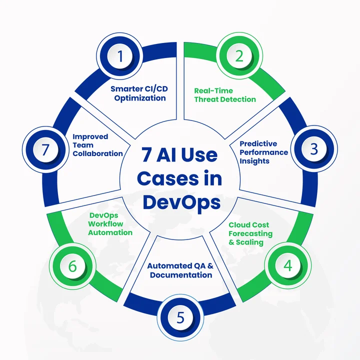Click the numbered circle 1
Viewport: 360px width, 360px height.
120,56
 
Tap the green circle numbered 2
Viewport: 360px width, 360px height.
239,56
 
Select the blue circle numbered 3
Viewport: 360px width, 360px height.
313,149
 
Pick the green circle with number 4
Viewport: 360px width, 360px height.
287,265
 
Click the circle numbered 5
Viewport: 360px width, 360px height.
180,317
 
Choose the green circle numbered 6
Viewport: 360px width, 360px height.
72,265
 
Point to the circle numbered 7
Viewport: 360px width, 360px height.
46,149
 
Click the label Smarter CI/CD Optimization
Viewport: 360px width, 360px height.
139,93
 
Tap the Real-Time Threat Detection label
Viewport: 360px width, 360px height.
224,95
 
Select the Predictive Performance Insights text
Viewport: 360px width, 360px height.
263,152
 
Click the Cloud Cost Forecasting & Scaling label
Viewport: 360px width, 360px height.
250,233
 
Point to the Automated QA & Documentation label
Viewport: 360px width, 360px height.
180,270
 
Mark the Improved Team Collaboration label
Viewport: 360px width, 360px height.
97,145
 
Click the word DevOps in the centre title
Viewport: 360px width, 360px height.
180,202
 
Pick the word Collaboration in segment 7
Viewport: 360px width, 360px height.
97,153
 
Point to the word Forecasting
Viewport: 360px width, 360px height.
250,233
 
